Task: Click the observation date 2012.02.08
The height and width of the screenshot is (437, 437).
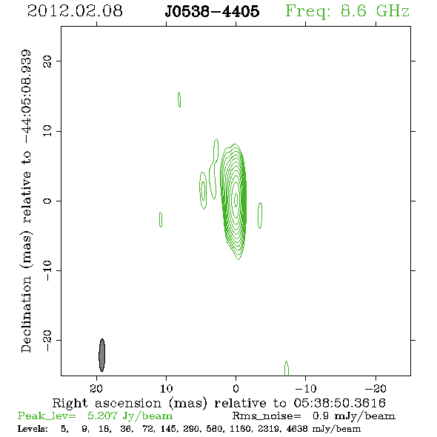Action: pos(75,11)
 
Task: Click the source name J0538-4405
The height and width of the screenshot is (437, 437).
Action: pos(212,11)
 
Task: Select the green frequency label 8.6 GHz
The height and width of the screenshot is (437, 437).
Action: pos(375,11)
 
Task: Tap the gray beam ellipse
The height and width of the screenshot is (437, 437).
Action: pos(102,355)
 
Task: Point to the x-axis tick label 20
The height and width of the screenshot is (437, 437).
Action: pos(96,388)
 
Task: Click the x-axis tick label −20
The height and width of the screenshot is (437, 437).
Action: pos(376,388)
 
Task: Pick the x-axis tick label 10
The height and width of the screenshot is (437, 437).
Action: pos(166,388)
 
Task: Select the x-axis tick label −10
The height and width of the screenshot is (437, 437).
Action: pos(306,388)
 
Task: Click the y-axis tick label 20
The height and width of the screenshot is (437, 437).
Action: pos(47,61)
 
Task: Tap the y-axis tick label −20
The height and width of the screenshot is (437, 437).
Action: pos(47,341)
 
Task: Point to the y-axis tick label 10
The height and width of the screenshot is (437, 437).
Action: pos(47,131)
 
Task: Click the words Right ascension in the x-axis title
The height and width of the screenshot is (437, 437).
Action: pos(107,403)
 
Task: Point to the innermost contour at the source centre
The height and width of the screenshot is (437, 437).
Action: pos(236,199)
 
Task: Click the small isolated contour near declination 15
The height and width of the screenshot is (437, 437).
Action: pos(179,99)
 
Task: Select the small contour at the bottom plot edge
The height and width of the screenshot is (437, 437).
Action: pos(287,368)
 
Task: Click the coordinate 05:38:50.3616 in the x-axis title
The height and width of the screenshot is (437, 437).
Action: pos(340,403)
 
